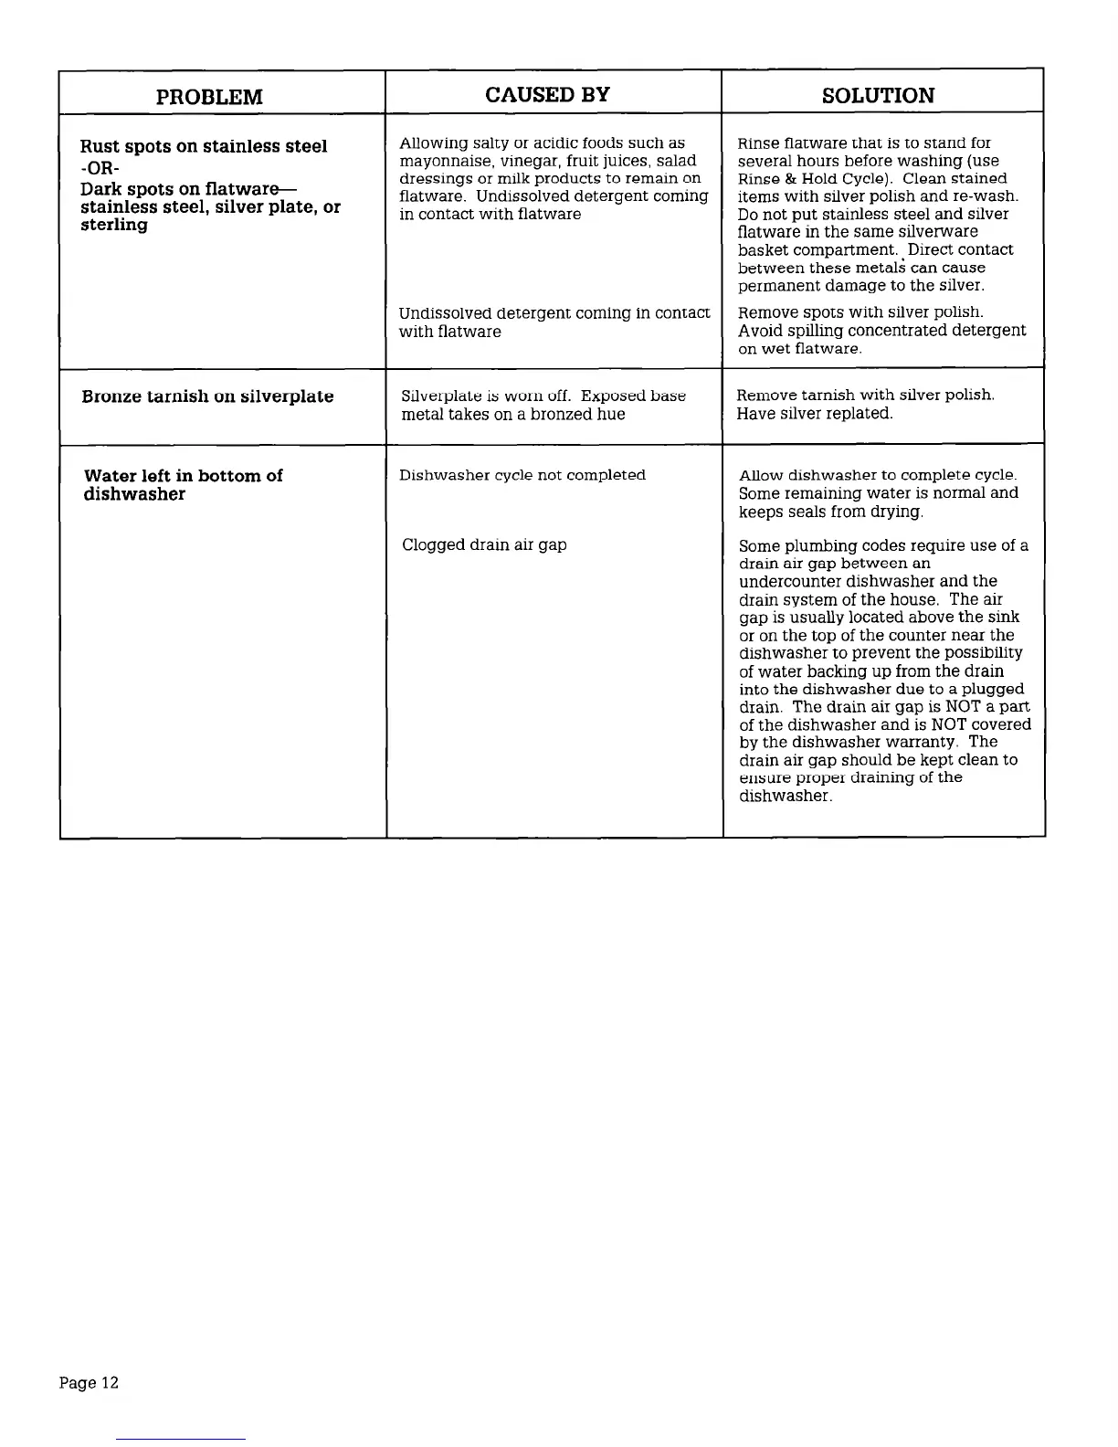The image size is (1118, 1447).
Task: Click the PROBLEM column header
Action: click(209, 97)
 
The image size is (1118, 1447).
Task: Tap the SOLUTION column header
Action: click(878, 96)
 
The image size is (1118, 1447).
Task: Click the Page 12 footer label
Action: click(89, 1383)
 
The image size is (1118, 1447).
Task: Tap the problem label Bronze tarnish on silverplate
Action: click(207, 396)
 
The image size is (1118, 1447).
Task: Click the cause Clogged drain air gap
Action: click(484, 545)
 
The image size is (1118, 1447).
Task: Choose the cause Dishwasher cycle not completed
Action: click(522, 475)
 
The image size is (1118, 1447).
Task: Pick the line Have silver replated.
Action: click(815, 414)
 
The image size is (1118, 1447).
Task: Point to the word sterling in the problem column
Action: click(114, 225)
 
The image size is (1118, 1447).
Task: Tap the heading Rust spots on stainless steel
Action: click(204, 147)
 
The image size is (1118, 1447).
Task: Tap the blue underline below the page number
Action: click(181, 1439)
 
